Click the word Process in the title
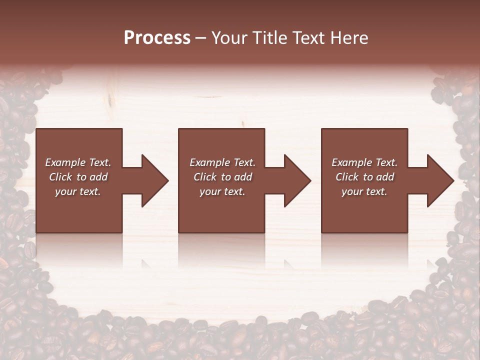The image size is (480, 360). click(x=157, y=38)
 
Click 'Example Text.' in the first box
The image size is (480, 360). click(x=78, y=162)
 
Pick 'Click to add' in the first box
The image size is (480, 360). click(x=78, y=177)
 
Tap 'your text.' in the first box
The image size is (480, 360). click(x=78, y=191)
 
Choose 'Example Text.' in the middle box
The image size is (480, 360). click(x=222, y=162)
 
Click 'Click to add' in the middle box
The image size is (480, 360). click(x=222, y=177)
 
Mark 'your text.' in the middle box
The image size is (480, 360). click(x=222, y=191)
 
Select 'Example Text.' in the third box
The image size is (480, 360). click(x=364, y=162)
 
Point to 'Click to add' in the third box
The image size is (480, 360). click(x=364, y=177)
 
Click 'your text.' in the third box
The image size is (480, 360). click(x=364, y=191)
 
